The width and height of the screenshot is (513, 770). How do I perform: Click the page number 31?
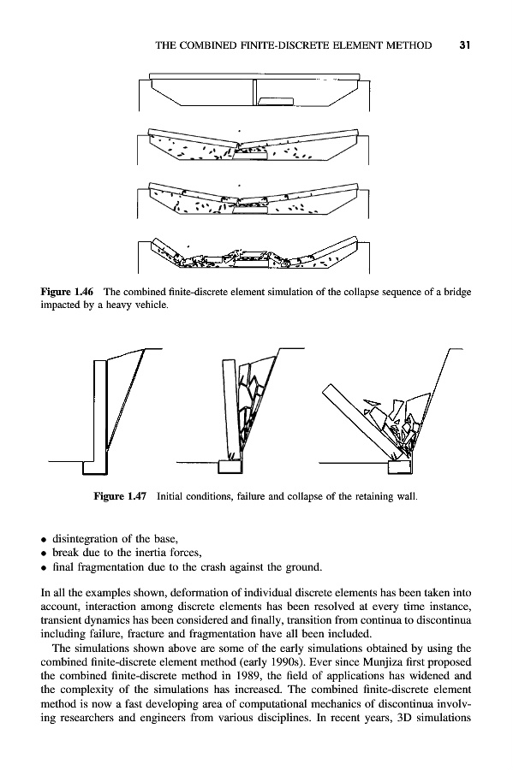(465, 45)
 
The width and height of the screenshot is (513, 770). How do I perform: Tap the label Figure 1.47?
(120, 496)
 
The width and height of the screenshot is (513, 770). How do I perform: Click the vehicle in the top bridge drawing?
(276, 101)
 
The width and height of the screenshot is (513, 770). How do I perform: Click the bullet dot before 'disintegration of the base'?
(44, 540)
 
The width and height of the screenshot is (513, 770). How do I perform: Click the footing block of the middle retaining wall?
(230, 466)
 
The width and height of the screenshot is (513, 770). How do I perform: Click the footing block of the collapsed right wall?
(400, 466)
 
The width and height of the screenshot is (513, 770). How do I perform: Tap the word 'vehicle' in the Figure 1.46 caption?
(152, 305)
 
